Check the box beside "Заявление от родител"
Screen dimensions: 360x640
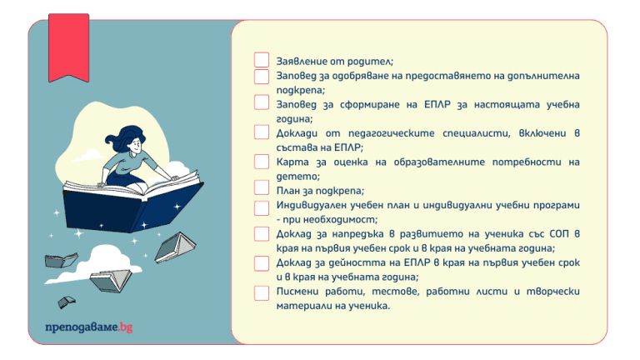point(262,60)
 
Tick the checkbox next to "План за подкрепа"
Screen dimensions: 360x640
point(262,188)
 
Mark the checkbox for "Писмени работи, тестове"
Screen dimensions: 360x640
point(262,292)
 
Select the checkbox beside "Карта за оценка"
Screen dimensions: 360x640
point(262,162)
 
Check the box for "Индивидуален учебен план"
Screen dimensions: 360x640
point(262,205)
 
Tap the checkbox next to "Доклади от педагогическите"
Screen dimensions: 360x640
point(262,132)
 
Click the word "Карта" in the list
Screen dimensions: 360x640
point(293,162)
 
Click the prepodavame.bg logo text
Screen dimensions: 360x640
point(88,326)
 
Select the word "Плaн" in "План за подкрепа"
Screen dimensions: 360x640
point(291,190)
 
